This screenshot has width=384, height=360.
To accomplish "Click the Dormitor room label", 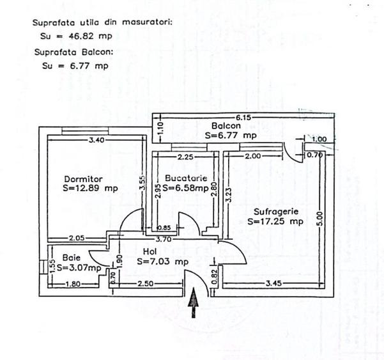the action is point(83,179).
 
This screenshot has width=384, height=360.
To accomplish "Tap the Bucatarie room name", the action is point(186,178).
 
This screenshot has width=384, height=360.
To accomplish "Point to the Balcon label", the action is point(226,126).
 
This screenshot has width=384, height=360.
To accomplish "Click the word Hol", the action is point(150,251).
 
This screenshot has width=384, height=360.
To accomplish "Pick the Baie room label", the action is point(72,258).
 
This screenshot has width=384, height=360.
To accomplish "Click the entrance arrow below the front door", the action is point(194,303).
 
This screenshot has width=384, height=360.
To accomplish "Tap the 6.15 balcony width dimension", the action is point(243,118).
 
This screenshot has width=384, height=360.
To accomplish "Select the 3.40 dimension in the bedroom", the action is point(96,140).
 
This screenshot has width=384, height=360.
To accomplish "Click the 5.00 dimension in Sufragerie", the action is point(321,219).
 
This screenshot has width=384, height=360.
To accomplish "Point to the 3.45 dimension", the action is point(274,283).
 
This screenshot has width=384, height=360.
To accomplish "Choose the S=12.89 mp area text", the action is point(90,188).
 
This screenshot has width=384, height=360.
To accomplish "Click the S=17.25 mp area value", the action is point(275,221).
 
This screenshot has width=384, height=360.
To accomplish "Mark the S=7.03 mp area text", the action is point(163,262).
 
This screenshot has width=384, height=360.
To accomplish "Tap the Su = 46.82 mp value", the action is point(76,36).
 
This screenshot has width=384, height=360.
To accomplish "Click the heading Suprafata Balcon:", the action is point(73,52).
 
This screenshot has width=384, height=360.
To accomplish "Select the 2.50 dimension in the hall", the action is point(146,283).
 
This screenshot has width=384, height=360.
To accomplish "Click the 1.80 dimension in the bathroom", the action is point(73,284).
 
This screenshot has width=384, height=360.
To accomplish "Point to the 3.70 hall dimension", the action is point(164,239).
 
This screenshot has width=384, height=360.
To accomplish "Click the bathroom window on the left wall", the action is point(43,267).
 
